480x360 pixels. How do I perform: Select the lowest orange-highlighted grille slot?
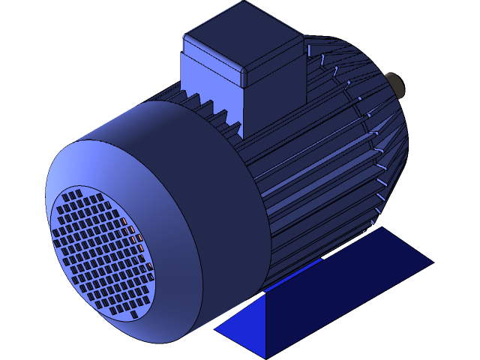tap(150, 267)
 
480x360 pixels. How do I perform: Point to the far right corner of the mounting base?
tap(433, 262)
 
